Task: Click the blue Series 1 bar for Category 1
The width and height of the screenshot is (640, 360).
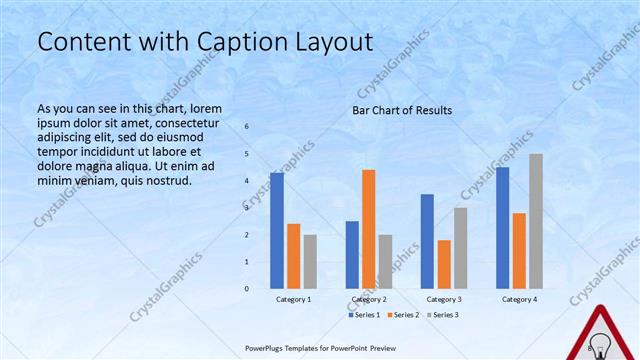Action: coord(277,231)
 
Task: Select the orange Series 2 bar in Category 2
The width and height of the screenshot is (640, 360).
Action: coord(368,229)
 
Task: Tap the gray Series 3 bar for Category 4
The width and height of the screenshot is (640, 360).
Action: coord(536,221)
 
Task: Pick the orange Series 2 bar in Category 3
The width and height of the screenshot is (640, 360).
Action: coord(444,264)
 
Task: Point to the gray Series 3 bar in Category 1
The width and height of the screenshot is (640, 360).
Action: coord(310,262)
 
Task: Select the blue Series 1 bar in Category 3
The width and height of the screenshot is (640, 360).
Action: coord(427,241)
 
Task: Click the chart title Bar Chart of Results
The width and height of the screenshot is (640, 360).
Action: coord(402,110)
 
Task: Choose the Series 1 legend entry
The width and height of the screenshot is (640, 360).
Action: coord(364,315)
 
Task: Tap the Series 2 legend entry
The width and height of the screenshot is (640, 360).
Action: coord(402,315)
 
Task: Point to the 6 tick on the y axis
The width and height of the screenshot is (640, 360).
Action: coord(247,127)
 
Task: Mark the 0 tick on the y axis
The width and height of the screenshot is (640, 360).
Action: coord(247,289)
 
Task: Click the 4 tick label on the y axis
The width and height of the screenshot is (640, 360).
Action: coord(247,181)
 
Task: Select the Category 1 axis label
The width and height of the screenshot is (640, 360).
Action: coord(293,299)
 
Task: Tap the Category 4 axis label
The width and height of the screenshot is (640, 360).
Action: coord(519,299)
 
